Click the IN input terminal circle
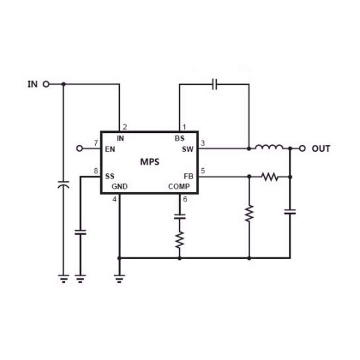pyautogui.click(x=46, y=84)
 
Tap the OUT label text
pyautogui.click(x=321, y=149)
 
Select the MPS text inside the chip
pyautogui.click(x=150, y=162)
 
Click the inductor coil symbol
pyautogui.click(x=269, y=147)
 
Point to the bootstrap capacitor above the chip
pyautogui.click(x=215, y=84)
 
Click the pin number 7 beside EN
pyautogui.click(x=96, y=143)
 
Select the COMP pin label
pyautogui.click(x=179, y=186)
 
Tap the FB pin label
pyautogui.click(x=189, y=176)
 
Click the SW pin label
pyautogui.click(x=188, y=149)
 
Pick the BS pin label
pyautogui.click(x=180, y=138)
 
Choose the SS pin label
pyautogui.click(x=110, y=176)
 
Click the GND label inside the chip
pyautogui.click(x=119, y=186)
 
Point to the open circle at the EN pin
pyautogui.click(x=80, y=148)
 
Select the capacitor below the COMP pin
pyautogui.click(x=180, y=216)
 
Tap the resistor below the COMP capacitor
pyautogui.click(x=180, y=240)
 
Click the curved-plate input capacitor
pyautogui.click(x=63, y=185)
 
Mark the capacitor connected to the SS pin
pyautogui.click(x=81, y=232)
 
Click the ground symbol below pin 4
pyautogui.click(x=119, y=278)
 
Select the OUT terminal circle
pyautogui.click(x=302, y=148)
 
